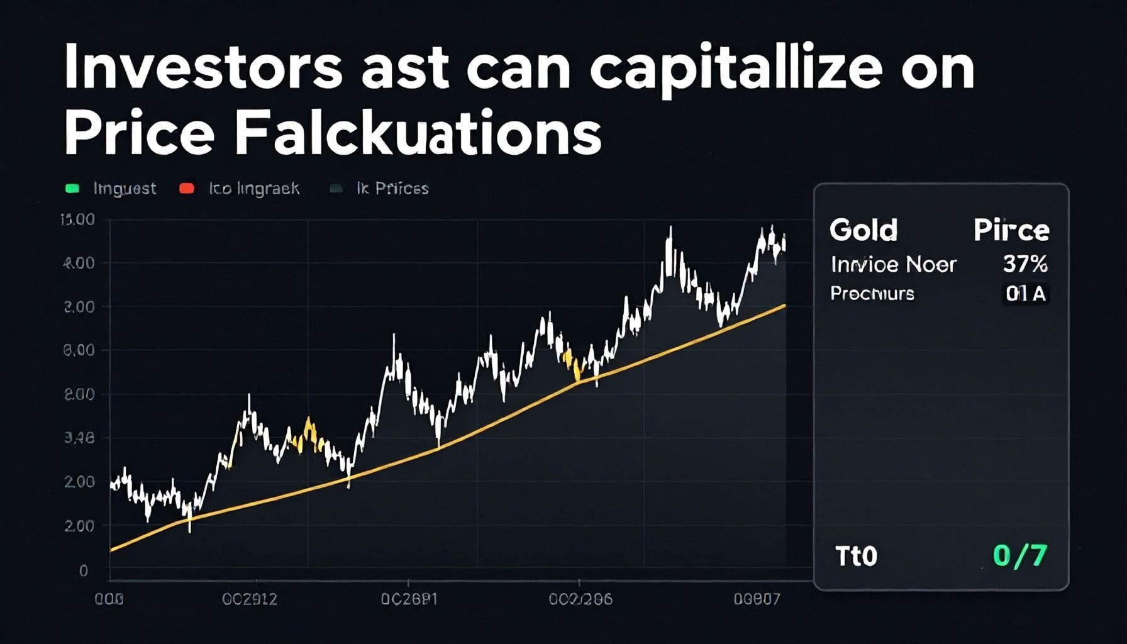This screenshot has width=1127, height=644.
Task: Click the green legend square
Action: [72, 189]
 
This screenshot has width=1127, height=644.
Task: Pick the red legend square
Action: [187, 189]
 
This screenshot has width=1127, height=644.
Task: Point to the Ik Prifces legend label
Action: [392, 189]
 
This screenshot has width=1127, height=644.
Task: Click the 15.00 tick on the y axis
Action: [77, 219]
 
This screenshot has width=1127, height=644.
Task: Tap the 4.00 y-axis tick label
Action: [79, 263]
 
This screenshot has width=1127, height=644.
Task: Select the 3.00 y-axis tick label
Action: [79, 307]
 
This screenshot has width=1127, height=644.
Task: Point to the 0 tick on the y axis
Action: [84, 570]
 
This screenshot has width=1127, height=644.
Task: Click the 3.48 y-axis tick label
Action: [79, 438]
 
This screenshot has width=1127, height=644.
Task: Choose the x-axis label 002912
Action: [250, 599]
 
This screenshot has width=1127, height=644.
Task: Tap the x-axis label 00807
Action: [757, 599]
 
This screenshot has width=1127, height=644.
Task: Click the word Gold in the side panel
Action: [863, 230]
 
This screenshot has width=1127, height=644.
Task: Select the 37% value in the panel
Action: [1025, 264]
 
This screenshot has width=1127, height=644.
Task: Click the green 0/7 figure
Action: [1020, 556]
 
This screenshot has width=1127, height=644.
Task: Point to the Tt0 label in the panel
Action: [856, 557]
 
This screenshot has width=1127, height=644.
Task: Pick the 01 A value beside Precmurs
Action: [1025, 294]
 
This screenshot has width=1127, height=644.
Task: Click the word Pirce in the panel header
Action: [1011, 230]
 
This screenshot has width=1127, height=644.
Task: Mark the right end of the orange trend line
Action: [784, 306]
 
